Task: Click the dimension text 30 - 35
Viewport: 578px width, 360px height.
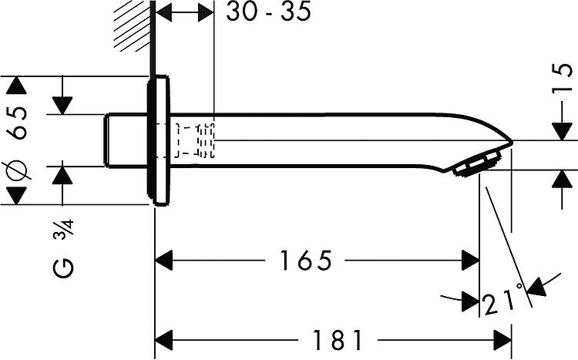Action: [x=268, y=12]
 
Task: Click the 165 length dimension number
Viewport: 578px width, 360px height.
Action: [x=306, y=260]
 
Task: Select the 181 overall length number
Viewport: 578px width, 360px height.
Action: [x=338, y=340]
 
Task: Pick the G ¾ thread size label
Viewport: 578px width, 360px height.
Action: [x=63, y=248]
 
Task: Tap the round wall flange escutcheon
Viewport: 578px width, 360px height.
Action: [x=160, y=140]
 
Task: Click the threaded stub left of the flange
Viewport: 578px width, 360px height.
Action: [x=126, y=141]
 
